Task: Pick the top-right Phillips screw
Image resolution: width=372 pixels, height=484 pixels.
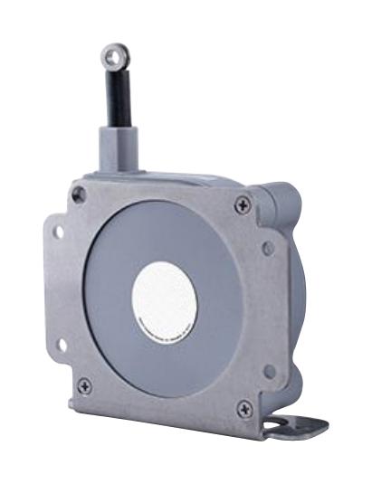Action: pyautogui.click(x=242, y=206)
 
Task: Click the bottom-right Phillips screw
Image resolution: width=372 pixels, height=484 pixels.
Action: pyautogui.click(x=242, y=409)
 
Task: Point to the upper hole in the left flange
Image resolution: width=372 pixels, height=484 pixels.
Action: pyautogui.click(x=57, y=233)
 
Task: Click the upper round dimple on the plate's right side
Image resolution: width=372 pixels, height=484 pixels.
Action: pyautogui.click(x=267, y=248)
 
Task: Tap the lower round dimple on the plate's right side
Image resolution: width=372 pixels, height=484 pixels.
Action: pyautogui.click(x=268, y=370)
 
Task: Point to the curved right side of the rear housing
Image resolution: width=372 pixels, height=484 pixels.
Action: pyautogui.click(x=299, y=299)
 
